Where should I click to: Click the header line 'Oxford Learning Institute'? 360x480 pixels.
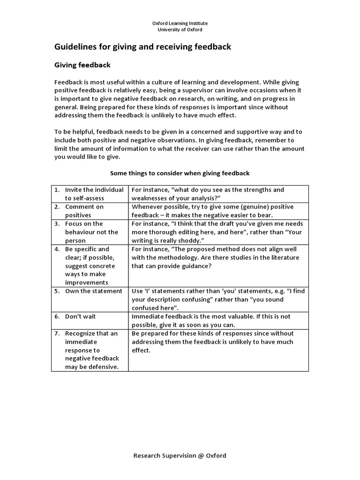[180, 23]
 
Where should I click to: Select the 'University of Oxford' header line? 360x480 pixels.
[180, 30]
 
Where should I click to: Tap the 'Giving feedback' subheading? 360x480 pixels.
[82, 65]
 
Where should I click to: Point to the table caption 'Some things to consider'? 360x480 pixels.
[180, 173]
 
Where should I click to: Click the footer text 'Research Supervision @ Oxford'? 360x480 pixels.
[180, 455]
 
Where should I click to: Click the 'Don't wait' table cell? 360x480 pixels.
[80, 316]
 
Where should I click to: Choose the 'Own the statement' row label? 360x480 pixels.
[93, 291]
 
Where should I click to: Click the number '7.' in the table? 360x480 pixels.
[57, 333]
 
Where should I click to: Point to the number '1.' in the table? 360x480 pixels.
[57, 190]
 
